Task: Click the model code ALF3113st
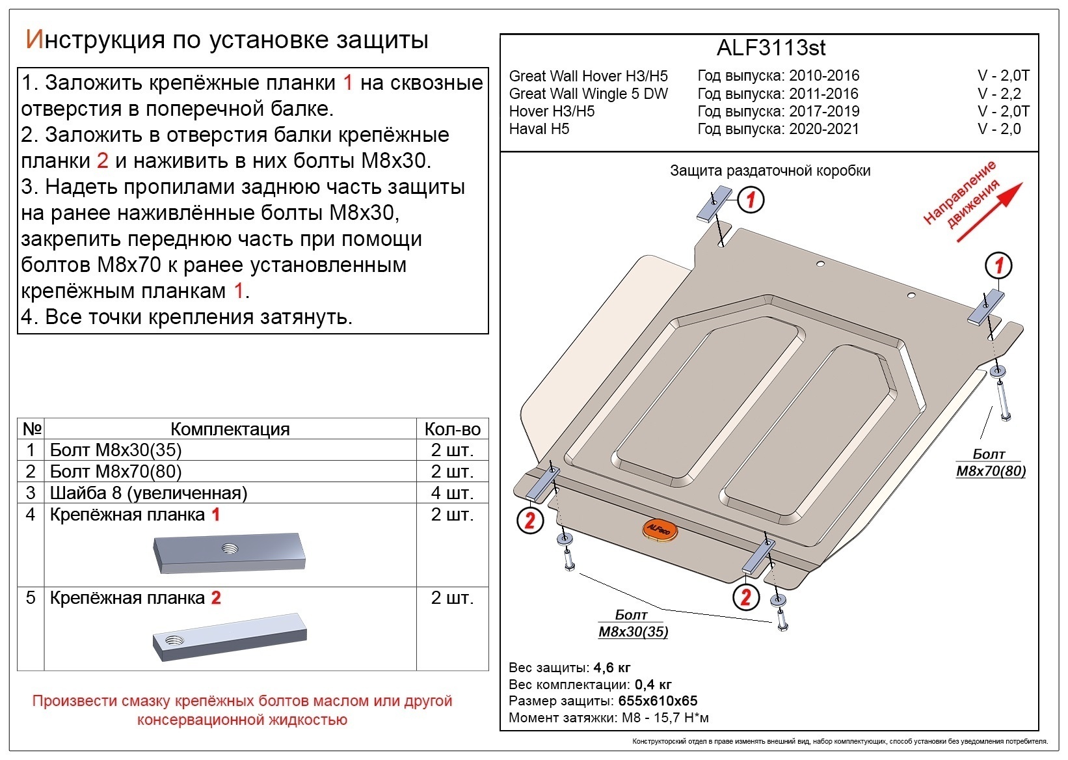click(x=771, y=48)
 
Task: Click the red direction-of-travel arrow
click(x=991, y=212)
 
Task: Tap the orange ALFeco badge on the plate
click(x=659, y=531)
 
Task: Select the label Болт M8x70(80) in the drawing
click(x=990, y=463)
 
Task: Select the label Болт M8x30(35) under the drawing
click(x=632, y=623)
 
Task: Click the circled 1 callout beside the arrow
click(x=998, y=265)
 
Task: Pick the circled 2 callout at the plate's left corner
click(x=530, y=520)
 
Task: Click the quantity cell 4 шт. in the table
click(x=452, y=493)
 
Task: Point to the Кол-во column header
click(x=452, y=429)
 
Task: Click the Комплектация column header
click(x=230, y=429)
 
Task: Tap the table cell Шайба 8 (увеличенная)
click(x=149, y=493)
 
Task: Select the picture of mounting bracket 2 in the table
click(x=230, y=637)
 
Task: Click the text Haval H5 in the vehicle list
click(x=539, y=129)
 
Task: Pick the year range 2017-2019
click(x=824, y=111)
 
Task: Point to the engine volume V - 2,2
click(x=999, y=94)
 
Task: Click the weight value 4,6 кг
click(x=611, y=668)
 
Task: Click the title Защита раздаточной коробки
click(x=770, y=170)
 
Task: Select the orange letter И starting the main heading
click(x=33, y=40)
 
